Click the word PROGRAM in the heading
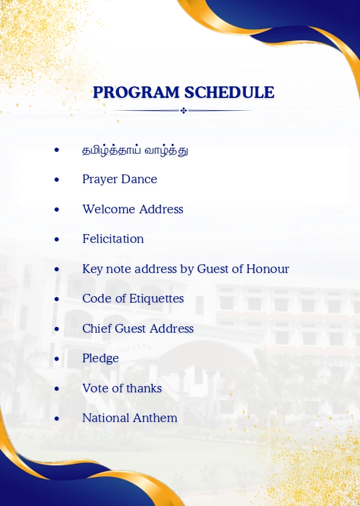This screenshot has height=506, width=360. point(136,92)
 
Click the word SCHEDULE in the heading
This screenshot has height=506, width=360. point(229,92)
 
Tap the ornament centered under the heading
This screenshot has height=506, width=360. point(183,111)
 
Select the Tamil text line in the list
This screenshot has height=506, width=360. point(135,150)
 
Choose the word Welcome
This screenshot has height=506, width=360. point(108,209)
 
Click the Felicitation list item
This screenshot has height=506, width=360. point(113,239)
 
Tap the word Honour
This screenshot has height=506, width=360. point(268,269)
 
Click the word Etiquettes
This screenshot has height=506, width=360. point(157,299)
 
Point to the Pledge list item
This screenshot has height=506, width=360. point(100,359)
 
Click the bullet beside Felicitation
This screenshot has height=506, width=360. point(57,239)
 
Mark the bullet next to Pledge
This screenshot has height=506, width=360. point(57,359)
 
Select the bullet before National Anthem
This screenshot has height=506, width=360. point(57,419)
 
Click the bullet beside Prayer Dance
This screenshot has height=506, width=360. point(57,180)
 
